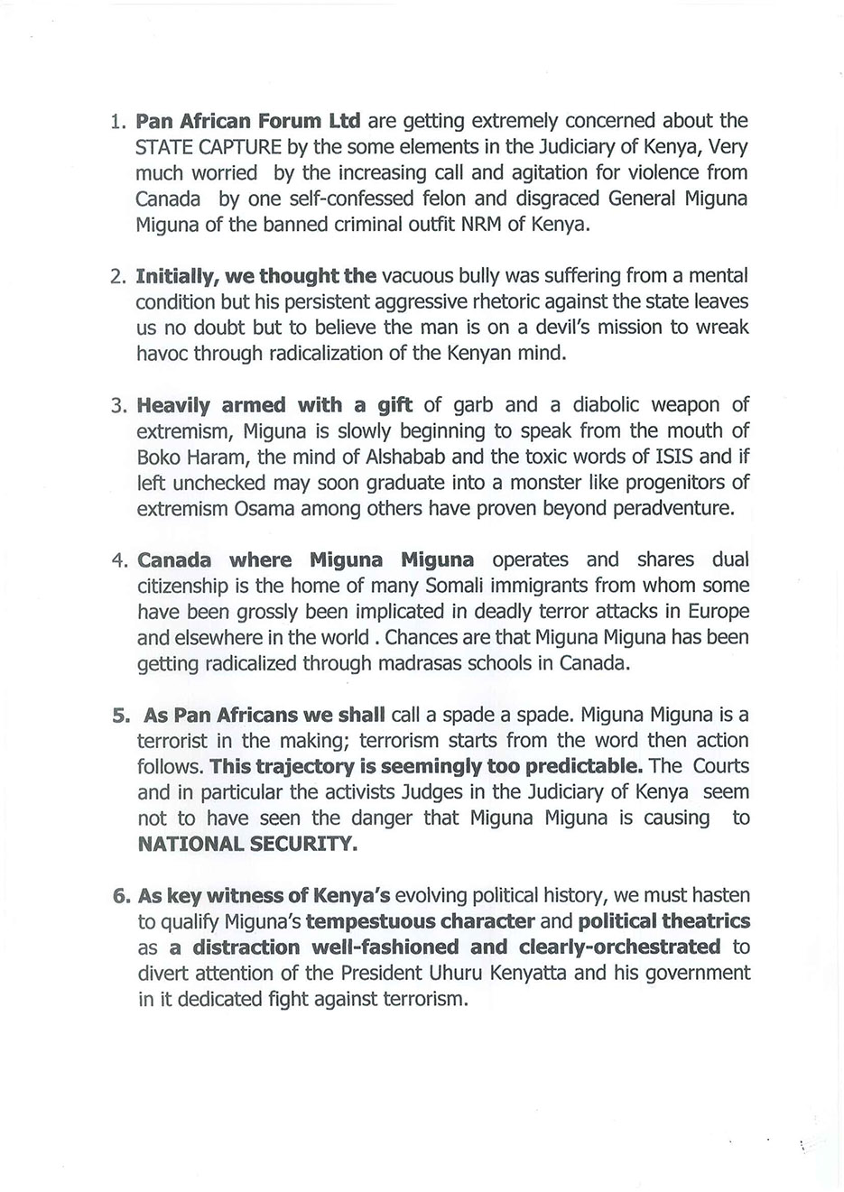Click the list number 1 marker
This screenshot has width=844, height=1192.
(x=116, y=121)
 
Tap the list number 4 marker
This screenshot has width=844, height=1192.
(x=117, y=560)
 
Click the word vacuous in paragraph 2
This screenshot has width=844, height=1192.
(x=421, y=275)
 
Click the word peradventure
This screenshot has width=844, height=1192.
(x=673, y=508)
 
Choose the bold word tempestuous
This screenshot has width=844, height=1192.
(x=420, y=921)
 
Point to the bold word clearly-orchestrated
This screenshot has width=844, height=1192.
(x=620, y=947)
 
